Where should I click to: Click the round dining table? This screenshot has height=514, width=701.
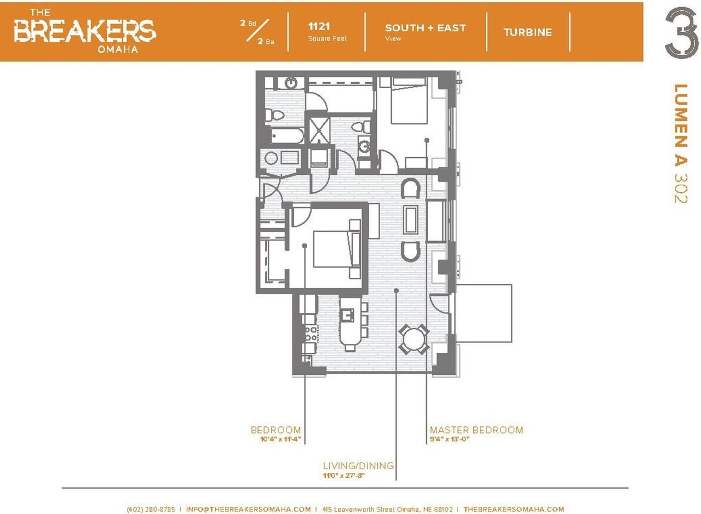coord(413,339)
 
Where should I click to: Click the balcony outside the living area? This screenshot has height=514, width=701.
coord(483,313)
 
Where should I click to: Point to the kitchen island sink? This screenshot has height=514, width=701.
coord(347,315)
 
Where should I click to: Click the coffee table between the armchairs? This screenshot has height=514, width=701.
coord(410,220)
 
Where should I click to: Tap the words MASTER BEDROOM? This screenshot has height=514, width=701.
coord(476,430)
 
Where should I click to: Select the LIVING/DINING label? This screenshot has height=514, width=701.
coord(358,465)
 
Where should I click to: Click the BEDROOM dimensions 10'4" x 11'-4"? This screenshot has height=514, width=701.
coord(280,439)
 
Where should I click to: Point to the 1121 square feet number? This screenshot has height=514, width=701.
coord(319,27)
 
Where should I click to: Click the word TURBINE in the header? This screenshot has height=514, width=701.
coord(527,32)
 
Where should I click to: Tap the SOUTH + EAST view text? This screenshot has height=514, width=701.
coord(426,28)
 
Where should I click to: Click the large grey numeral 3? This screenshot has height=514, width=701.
coord(681,33)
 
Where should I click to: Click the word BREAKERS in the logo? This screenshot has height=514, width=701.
coord(84,31)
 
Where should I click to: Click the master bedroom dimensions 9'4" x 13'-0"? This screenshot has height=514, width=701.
coord(450,439)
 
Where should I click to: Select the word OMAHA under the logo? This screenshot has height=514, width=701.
coord(118,49)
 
